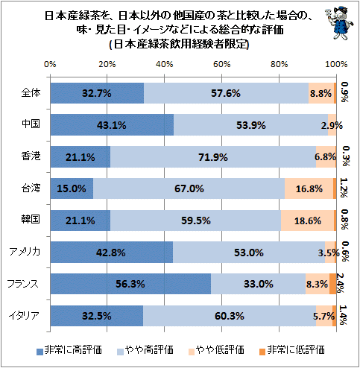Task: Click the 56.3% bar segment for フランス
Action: click(x=130, y=284)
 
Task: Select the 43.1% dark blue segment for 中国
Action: click(x=112, y=125)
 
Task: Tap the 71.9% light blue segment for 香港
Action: click(x=213, y=156)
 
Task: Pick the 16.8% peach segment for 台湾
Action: click(x=309, y=188)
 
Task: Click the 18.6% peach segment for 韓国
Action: click(x=307, y=221)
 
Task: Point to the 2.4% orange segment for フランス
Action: click(x=333, y=284)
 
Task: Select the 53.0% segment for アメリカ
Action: click(x=249, y=253)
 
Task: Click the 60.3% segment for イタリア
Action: click(x=230, y=316)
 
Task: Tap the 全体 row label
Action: click(x=31, y=93)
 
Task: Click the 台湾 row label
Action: click(x=31, y=188)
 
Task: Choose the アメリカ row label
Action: click(x=25, y=252)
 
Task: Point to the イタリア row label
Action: click(x=25, y=316)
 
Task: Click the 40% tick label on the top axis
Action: click(x=164, y=64)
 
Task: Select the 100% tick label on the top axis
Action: click(x=336, y=64)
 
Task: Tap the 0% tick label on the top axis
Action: click(x=50, y=64)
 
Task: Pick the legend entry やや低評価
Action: click(x=216, y=350)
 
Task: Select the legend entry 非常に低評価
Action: click(x=292, y=350)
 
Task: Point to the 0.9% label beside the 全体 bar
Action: click(x=344, y=92)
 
